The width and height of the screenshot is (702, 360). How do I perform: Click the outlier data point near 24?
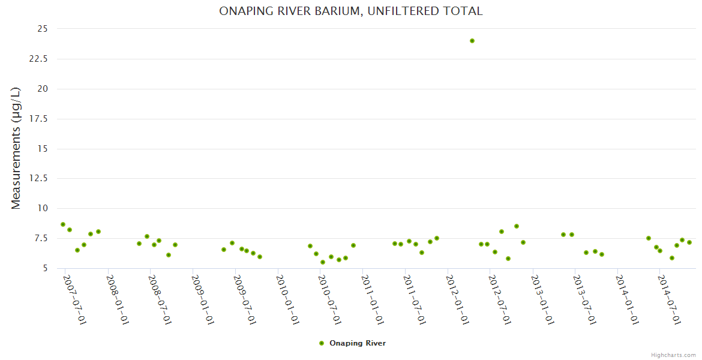(472, 41)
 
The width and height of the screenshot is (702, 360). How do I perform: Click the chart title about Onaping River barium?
(350, 11)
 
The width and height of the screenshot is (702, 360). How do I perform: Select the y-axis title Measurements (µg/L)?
(16, 148)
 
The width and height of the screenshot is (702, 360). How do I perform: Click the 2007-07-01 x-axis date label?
(75, 300)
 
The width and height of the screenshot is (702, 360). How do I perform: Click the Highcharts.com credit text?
(673, 355)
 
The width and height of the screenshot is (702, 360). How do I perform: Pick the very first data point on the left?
(63, 224)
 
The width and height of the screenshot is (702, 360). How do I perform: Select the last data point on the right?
(689, 242)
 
